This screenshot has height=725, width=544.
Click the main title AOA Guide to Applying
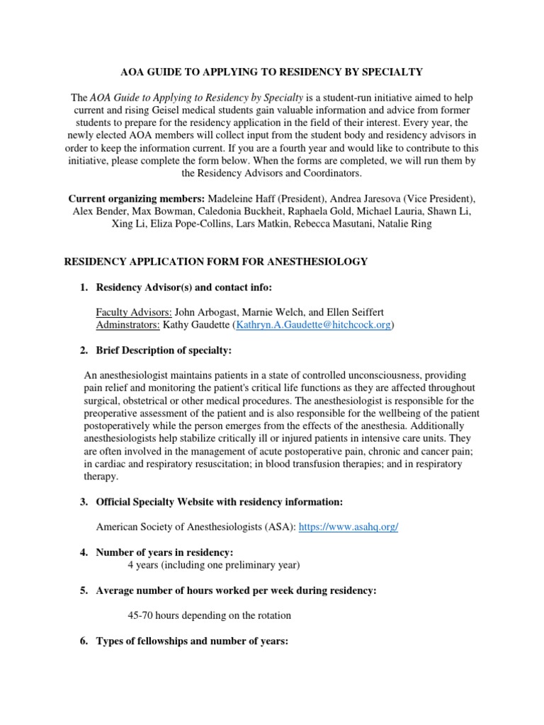point(271,72)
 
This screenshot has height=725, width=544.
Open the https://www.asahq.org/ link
point(348,527)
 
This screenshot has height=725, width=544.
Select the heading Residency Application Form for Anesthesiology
point(216,262)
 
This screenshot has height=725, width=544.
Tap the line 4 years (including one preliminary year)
point(214,565)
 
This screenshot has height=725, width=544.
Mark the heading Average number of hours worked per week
point(236,590)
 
